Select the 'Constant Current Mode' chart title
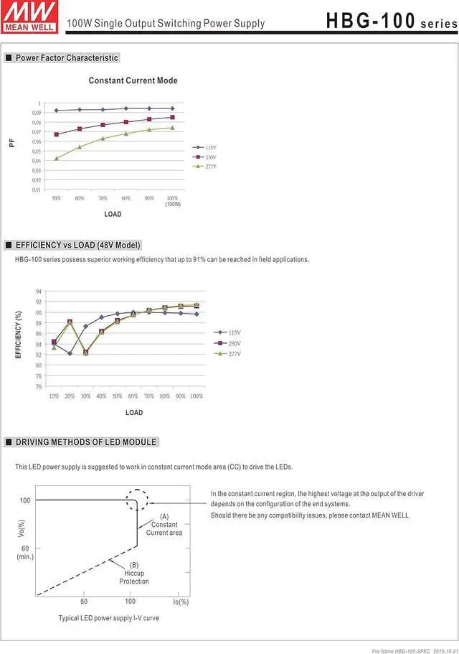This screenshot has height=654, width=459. point(133,80)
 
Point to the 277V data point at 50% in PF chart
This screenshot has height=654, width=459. point(57,158)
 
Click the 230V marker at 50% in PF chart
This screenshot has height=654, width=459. point(57,134)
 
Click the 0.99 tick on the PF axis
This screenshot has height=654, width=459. point(36,113)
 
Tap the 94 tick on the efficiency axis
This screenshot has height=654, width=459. point(38,291)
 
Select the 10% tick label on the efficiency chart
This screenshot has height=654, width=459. point(54,396)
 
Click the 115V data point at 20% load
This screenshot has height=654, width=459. point(70,353)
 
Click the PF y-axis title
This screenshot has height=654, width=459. point(11,143)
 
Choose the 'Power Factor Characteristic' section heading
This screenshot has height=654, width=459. point(67,57)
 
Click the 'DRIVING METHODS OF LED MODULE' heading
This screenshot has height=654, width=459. point(86,442)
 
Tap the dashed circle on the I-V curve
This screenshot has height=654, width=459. point(138,500)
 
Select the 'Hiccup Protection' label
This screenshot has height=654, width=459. point(134,577)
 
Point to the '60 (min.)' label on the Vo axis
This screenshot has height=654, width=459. point(25,553)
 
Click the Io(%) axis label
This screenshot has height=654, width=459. point(181,602)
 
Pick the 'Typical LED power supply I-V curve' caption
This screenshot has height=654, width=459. point(108,617)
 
